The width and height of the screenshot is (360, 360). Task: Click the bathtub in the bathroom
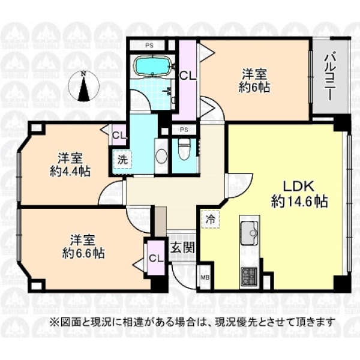[x=152, y=65]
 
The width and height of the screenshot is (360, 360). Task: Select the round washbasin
[x=161, y=155]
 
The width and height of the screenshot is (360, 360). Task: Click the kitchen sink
[x=249, y=232]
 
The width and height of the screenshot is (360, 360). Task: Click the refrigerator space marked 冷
[x=211, y=220]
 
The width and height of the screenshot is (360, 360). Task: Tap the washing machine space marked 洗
[x=122, y=160]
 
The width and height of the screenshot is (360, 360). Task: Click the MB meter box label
[x=205, y=278]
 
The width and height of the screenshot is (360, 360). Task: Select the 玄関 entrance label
[x=182, y=248]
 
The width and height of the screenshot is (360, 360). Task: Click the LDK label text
[x=298, y=187]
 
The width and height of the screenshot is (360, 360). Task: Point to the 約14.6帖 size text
[x=299, y=202]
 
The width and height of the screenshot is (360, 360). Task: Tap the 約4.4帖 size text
[x=70, y=171]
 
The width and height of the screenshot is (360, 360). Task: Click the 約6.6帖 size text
[x=83, y=253]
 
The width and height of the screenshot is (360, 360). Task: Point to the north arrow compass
[x=84, y=86]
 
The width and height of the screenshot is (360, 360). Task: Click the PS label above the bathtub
[x=149, y=46]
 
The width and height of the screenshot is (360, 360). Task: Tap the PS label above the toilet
[x=184, y=130]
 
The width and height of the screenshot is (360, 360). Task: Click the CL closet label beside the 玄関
[x=156, y=258]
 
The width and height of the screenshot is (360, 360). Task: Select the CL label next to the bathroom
[x=188, y=76]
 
